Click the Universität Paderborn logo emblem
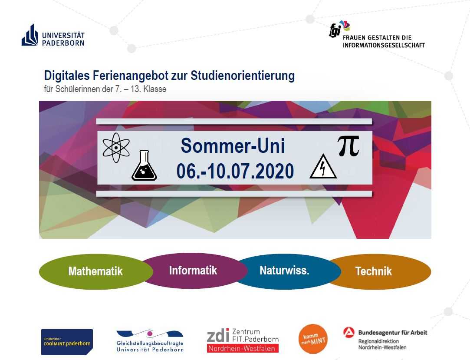30,35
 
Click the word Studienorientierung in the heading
243,76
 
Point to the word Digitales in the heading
66,76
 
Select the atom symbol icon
116,148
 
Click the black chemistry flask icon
144,165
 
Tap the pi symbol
348,146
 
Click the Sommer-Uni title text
233,145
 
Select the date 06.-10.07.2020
235,171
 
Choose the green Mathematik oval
96,271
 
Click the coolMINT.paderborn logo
67,342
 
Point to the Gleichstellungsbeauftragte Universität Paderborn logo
150,341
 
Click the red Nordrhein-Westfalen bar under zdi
243,348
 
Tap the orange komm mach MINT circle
313,339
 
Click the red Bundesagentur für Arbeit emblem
349,332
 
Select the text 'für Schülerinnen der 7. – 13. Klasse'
105,89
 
